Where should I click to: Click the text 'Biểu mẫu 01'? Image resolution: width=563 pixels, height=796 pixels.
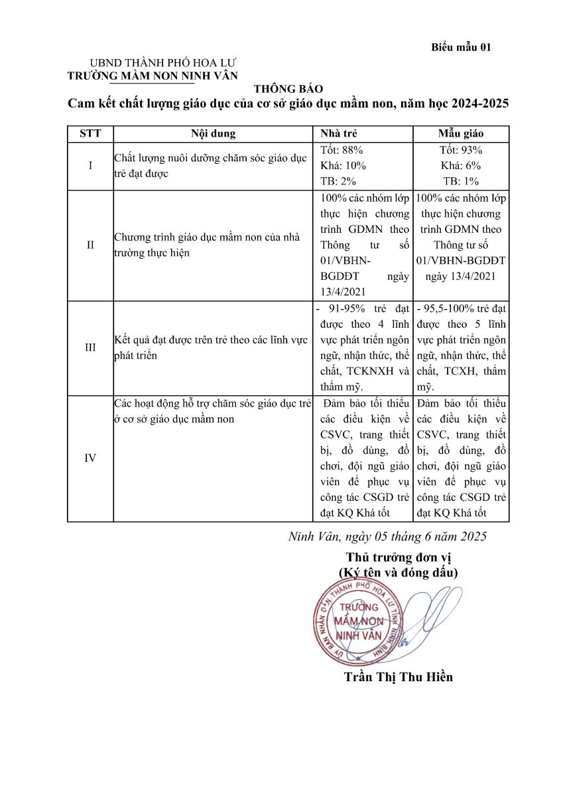(x=461, y=47)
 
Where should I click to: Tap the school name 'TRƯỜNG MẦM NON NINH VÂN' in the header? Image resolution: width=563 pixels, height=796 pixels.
(x=153, y=76)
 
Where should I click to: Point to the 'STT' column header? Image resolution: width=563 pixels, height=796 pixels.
(x=90, y=133)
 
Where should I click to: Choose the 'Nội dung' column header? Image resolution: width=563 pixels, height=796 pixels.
(x=213, y=133)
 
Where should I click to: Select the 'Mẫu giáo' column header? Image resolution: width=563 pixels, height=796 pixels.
(x=460, y=133)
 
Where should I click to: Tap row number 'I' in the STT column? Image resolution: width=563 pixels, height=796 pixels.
(x=90, y=166)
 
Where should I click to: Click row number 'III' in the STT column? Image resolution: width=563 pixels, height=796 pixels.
(x=90, y=347)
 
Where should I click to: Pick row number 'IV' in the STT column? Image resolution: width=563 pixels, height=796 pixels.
(x=90, y=458)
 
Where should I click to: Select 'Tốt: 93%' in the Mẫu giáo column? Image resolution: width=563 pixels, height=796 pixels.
(x=461, y=150)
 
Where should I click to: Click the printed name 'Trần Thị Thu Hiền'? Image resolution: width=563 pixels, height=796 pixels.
(x=399, y=677)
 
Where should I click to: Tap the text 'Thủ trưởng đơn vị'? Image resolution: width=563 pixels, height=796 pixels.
(x=398, y=557)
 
